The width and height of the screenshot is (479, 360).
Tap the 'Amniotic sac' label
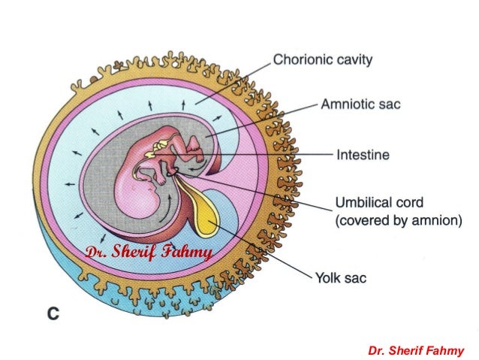click(x=360, y=104)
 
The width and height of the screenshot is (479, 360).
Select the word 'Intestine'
click(x=362, y=156)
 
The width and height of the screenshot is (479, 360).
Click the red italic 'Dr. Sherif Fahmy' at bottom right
click(x=417, y=350)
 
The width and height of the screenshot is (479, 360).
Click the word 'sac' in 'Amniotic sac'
click(x=389, y=104)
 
